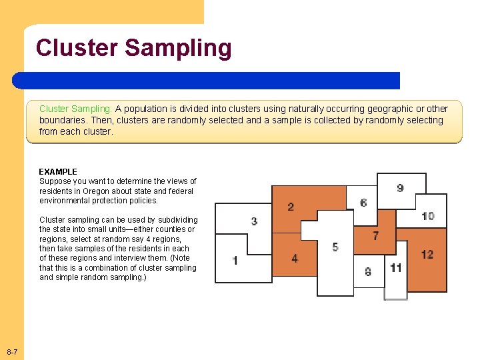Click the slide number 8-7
tap(12, 351)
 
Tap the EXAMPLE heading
tap(58, 172)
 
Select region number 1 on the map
tap(235, 260)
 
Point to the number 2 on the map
tap(291, 207)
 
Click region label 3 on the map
tap(254, 221)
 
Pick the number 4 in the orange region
tap(295, 258)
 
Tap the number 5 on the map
tap(335, 247)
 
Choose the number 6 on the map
tap(363, 203)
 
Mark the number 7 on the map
tap(376, 235)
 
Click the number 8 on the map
tap(368, 271)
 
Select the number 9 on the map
tap(400, 188)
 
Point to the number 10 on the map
tap(428, 216)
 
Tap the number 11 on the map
tap(396, 268)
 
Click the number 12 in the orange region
tap(427, 255)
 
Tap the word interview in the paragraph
tap(135, 258)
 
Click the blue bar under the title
tap(207, 81)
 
